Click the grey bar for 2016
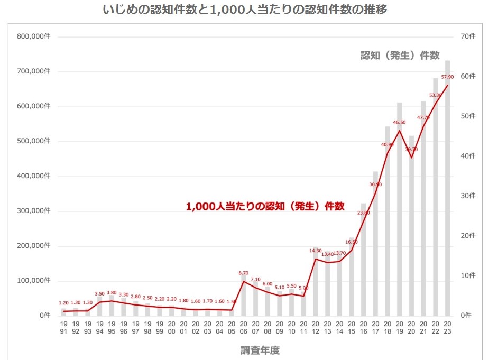tap(363, 259)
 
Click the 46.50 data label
tap(399, 122)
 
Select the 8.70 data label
tap(243, 273)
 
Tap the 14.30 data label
tap(315, 251)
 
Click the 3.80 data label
tap(112, 292)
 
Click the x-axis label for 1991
tap(63, 328)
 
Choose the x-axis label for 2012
tap(315, 328)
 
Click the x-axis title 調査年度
tap(260, 349)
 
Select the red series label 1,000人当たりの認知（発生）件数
tap(265, 207)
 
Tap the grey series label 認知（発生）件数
tap(400, 56)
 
